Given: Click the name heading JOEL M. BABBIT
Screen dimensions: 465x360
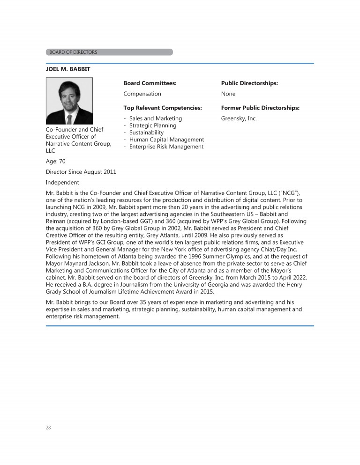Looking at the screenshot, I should (x=68, y=69).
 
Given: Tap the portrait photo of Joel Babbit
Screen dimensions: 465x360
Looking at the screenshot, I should (x=69, y=101).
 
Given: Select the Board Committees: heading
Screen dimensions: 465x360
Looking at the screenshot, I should (x=150, y=83).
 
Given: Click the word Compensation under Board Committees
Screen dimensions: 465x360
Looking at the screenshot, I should (x=142, y=94).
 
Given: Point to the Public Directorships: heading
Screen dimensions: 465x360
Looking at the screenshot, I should (x=249, y=83).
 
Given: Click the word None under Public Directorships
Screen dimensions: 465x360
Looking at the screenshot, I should (x=228, y=94).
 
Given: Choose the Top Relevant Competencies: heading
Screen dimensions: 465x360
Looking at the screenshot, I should (x=163, y=108).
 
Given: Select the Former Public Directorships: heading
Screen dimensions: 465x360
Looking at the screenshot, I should (x=260, y=108).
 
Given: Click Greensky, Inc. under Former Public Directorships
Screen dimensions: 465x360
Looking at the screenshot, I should (x=239, y=118).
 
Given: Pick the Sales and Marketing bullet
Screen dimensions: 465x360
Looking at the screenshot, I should (x=156, y=118).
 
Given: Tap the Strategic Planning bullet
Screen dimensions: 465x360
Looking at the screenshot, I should (x=153, y=125).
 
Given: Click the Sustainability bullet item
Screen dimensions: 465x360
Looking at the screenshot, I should (x=147, y=133).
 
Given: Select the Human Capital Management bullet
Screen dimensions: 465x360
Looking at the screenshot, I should (x=166, y=140).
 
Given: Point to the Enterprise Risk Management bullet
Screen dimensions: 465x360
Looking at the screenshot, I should (x=166, y=147).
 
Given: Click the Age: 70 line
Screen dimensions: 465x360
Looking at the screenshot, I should (x=56, y=161).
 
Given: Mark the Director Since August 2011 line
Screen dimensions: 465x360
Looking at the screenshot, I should (x=81, y=172).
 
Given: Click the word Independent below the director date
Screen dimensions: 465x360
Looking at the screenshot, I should (x=62, y=182).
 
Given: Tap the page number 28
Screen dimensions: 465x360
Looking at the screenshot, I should (x=48, y=428).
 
